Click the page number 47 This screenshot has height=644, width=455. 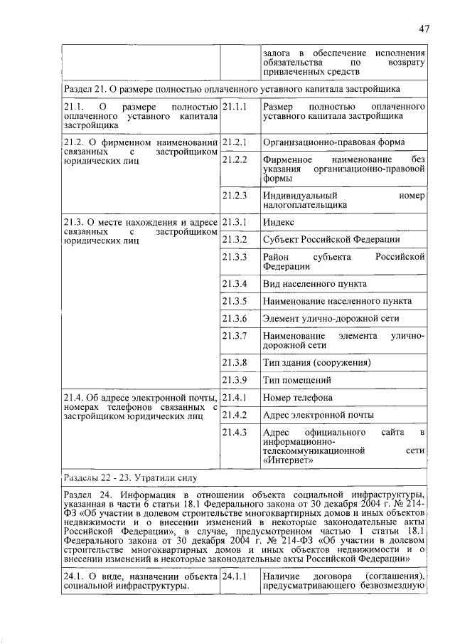(424, 29)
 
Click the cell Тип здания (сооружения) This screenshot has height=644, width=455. (316, 362)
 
